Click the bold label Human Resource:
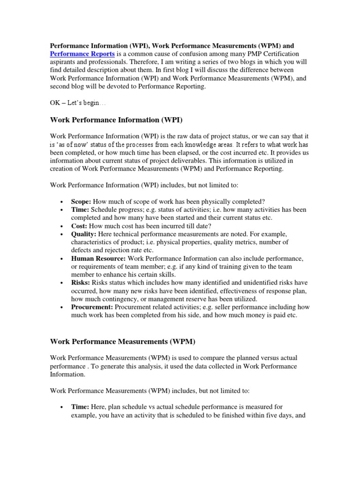coord(98,258)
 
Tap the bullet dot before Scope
coord(62,201)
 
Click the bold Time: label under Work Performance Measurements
coord(80,407)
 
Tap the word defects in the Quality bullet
coord(82,250)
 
